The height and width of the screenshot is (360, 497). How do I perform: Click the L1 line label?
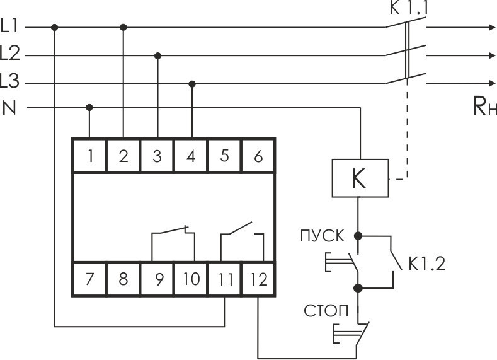(11, 27)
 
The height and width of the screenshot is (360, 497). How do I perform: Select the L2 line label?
(11, 55)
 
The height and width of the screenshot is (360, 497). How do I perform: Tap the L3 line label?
(11, 82)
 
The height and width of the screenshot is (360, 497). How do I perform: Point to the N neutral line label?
(9, 108)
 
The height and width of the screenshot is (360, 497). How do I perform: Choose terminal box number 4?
(191, 156)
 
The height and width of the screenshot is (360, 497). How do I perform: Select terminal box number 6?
(258, 156)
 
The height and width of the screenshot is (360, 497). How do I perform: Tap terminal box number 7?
(90, 279)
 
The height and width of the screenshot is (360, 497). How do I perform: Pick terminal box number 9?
(157, 279)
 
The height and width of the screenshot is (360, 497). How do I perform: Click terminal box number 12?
(258, 279)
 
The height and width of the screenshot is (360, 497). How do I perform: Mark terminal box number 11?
(225, 279)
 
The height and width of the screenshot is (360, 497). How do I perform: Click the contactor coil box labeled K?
(358, 179)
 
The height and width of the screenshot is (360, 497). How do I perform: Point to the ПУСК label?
(322, 237)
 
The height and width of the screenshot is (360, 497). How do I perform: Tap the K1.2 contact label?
(426, 264)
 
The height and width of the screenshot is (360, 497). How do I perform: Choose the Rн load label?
(484, 107)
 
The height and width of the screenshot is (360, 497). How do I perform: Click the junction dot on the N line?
(89, 107)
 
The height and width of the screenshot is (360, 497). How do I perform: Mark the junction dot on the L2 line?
(157, 55)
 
